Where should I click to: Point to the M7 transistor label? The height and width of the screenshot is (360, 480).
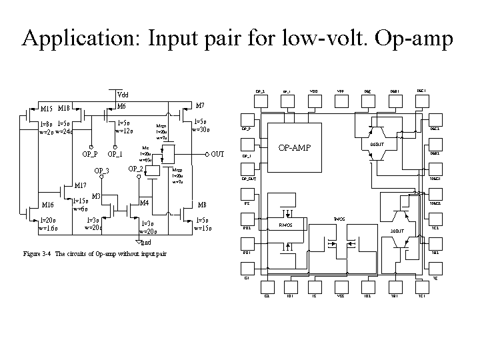pos(200,106)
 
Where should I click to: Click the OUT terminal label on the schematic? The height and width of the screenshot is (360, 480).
pos(217,155)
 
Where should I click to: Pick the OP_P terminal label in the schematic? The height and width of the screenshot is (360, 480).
pos(90,155)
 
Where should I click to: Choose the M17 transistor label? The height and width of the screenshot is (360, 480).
pos(81,185)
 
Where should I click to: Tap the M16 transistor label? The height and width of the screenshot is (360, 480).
pos(48,205)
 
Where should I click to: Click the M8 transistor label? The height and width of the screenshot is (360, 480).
pos(202,205)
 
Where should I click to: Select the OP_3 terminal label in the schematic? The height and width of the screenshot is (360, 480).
pos(102,171)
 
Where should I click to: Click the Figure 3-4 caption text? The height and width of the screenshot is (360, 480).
pos(94,254)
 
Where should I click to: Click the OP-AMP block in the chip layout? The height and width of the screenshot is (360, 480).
pos(295,147)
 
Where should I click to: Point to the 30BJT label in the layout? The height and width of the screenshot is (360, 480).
pos(397,231)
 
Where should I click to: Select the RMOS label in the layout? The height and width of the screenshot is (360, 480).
pos(285,225)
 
